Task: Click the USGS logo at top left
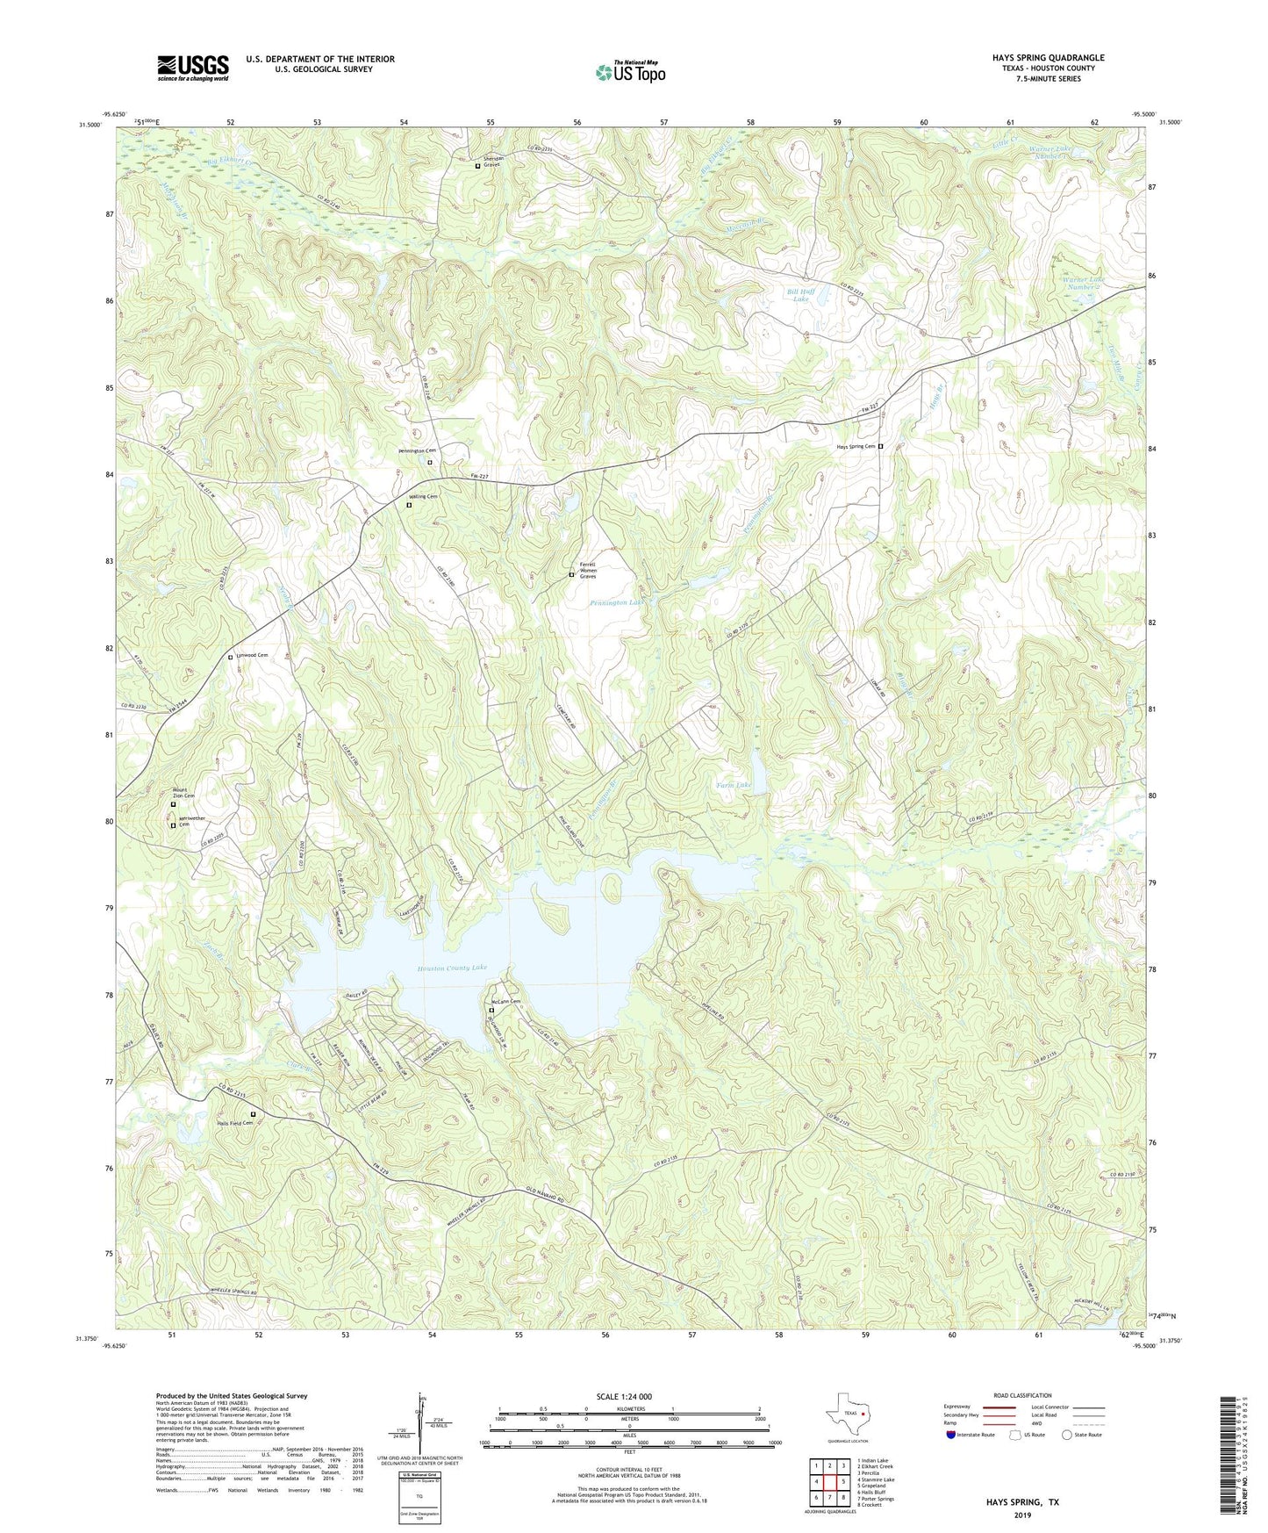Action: pyautogui.click(x=193, y=68)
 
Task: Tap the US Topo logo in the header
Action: pyautogui.click(x=630, y=72)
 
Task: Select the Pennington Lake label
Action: pyautogui.click(x=617, y=604)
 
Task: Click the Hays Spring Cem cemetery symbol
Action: pyautogui.click(x=881, y=446)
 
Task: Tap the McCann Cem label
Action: pyautogui.click(x=505, y=1002)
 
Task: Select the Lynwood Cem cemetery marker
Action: pyautogui.click(x=231, y=657)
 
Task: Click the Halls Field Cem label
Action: pyautogui.click(x=234, y=1122)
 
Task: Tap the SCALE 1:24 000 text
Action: pyautogui.click(x=624, y=1396)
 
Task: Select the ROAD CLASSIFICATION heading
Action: pyautogui.click(x=1022, y=1395)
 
